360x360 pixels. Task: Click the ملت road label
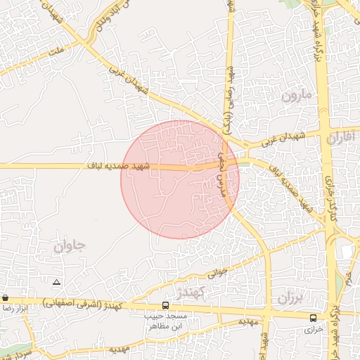tap(56, 51)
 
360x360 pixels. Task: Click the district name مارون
tap(296, 96)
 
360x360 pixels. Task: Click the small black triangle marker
tap(57, 282)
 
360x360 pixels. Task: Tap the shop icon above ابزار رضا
tap(5, 298)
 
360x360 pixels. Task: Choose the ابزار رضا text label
tap(15, 308)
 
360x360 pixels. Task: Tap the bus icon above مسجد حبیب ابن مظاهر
tap(165, 306)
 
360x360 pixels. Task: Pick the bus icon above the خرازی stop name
tap(314, 317)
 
